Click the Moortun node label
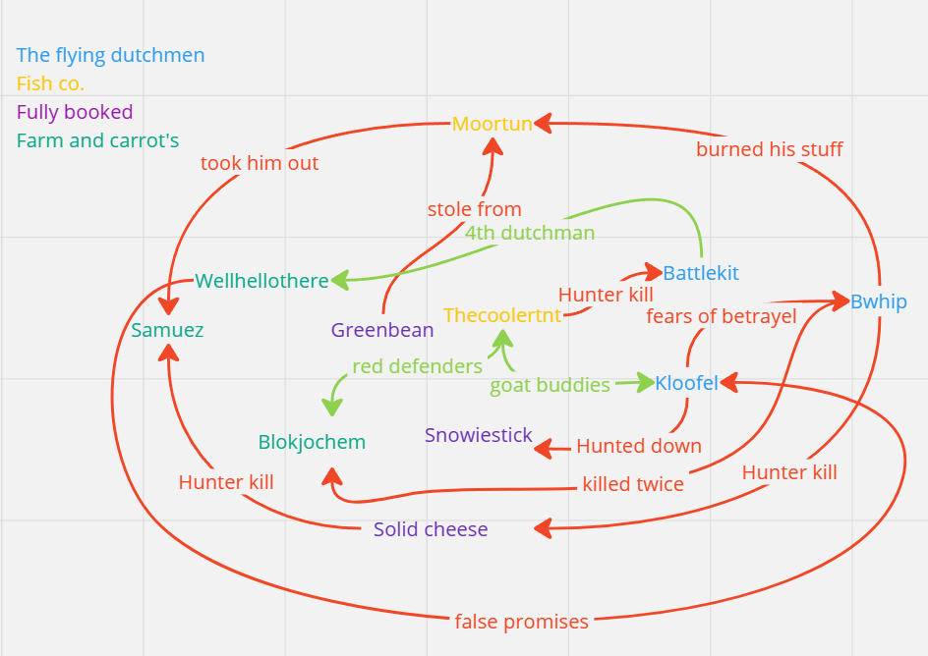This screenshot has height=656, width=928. point(492,125)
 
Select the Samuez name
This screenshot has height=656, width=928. point(167,330)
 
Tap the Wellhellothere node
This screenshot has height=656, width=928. point(261,281)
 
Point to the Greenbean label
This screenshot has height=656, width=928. point(382,330)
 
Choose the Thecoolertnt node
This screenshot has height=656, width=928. point(502,315)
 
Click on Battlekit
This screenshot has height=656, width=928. point(701,273)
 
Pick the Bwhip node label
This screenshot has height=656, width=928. point(878,301)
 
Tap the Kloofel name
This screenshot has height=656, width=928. point(686,383)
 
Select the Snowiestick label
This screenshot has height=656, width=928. point(479,435)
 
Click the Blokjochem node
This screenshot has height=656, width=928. point(312,442)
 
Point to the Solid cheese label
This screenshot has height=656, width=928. point(431,529)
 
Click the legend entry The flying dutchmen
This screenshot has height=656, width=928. point(111,55)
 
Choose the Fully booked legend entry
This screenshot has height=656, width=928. point(75,112)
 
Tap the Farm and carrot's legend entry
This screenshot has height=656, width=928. point(98,140)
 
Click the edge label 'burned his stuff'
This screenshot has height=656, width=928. point(770,149)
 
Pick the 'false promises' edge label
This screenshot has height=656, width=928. point(522,622)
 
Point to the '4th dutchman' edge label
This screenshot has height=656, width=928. point(530,233)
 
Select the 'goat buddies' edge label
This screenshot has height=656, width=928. point(551,385)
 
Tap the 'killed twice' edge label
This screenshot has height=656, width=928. point(633,484)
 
